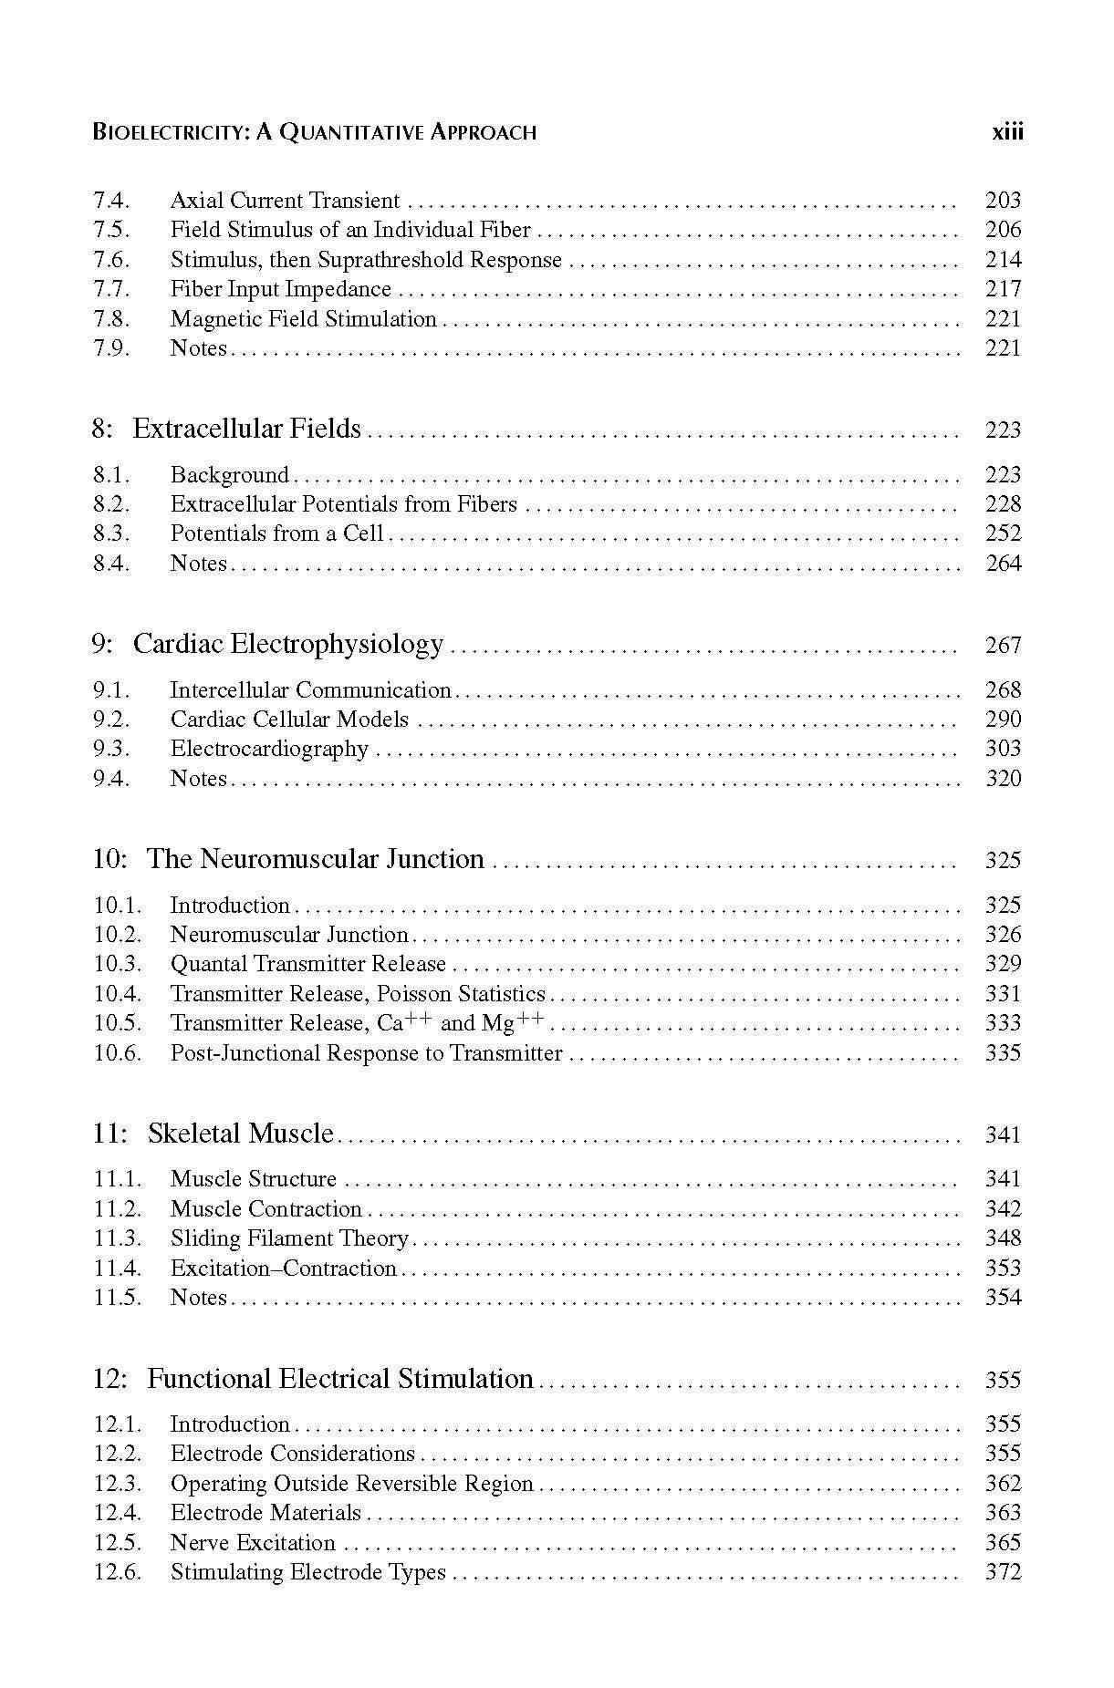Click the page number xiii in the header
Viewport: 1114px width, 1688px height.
click(x=1007, y=132)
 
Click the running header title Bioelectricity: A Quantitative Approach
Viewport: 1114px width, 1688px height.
click(x=315, y=132)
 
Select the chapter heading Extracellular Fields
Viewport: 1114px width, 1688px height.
click(x=246, y=429)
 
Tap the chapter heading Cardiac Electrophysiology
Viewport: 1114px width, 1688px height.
click(x=287, y=644)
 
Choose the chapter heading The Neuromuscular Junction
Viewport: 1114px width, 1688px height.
click(x=315, y=859)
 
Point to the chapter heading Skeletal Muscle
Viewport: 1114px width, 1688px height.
click(x=240, y=1134)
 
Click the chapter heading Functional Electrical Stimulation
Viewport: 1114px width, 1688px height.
click(x=339, y=1378)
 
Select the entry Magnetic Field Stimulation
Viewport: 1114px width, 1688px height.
click(x=303, y=318)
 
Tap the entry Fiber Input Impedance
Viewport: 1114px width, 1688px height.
click(x=280, y=289)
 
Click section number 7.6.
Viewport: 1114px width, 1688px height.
click(x=111, y=260)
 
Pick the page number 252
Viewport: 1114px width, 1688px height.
click(x=1003, y=533)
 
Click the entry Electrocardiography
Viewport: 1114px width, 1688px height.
click(x=269, y=749)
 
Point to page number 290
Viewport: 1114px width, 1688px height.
click(x=1003, y=719)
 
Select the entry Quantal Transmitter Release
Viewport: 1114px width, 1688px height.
click(x=307, y=964)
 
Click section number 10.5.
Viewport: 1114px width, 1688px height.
click(x=118, y=1023)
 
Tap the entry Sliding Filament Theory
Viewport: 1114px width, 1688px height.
click(x=289, y=1238)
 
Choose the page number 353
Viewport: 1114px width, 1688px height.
click(x=1003, y=1268)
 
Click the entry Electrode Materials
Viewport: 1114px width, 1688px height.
click(x=265, y=1513)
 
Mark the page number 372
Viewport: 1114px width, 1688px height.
click(x=1003, y=1572)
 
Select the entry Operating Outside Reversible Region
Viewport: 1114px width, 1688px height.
click(x=351, y=1484)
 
